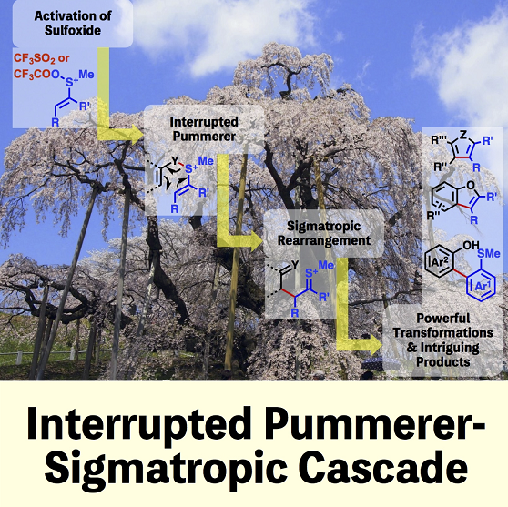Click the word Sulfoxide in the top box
[73, 30]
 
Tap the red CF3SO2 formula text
[35, 58]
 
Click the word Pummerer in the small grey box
[204, 136]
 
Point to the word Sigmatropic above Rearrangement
[324, 226]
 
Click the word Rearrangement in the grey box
[324, 240]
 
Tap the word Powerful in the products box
[442, 319]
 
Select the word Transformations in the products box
[442, 332]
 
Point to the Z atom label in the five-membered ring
[463, 135]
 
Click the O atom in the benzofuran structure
[471, 186]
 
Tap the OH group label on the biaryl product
[471, 246]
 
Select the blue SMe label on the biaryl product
[489, 253]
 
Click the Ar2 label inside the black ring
[438, 263]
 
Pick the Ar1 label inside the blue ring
[481, 287]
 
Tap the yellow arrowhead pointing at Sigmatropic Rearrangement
[255, 241]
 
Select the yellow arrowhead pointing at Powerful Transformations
[375, 344]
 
